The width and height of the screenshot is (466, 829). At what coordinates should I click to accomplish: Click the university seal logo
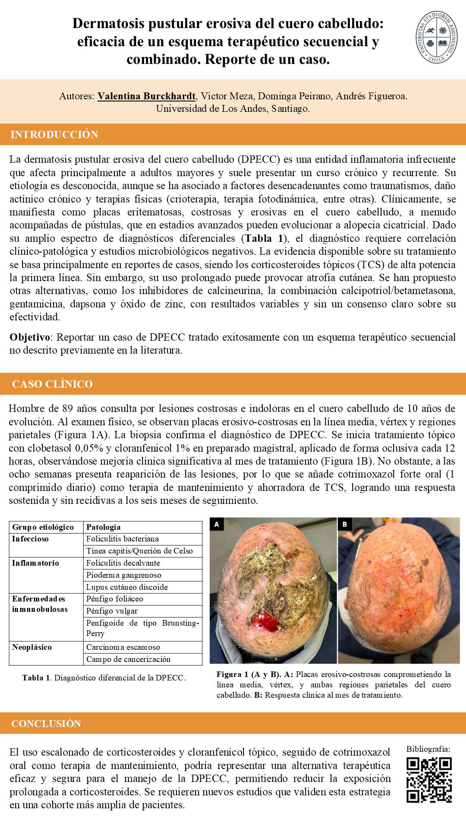(x=437, y=38)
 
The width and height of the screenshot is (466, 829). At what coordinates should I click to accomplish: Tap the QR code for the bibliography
(x=429, y=780)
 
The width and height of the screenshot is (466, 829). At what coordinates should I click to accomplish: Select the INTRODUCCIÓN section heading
(x=54, y=134)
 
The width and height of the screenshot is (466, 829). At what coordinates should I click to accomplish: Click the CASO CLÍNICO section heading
(x=52, y=384)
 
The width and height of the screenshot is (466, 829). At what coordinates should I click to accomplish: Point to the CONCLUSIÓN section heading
(x=46, y=724)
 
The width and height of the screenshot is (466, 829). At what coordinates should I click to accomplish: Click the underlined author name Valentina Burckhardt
(x=146, y=96)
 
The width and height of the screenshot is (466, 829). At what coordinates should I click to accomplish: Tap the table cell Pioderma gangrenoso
(x=123, y=575)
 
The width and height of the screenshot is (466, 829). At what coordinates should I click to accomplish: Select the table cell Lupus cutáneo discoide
(x=127, y=587)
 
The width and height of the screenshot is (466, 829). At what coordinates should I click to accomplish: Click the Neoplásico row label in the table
(x=32, y=647)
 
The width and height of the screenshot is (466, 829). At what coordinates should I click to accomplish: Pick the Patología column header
(x=103, y=527)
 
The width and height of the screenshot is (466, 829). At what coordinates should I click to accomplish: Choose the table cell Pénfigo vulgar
(x=112, y=611)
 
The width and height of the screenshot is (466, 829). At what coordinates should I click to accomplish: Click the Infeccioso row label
(x=30, y=539)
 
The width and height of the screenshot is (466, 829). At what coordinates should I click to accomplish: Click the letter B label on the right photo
(x=345, y=524)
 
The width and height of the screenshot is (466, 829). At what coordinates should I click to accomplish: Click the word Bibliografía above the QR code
(x=428, y=749)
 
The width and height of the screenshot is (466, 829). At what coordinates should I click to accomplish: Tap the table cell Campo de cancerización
(x=128, y=659)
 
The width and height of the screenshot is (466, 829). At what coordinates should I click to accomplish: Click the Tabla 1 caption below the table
(x=104, y=678)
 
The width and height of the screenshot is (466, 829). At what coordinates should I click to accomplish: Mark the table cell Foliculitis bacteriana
(x=122, y=539)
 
